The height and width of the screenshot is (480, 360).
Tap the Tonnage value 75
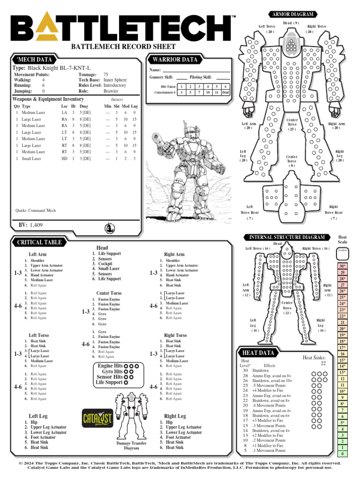[x=106, y=75]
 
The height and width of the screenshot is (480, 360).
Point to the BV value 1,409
[x=36, y=225]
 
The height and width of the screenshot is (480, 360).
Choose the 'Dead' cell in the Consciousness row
[x=225, y=92]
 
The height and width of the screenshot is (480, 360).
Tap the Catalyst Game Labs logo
[x=97, y=417]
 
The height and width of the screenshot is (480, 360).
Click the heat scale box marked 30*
[x=343, y=266]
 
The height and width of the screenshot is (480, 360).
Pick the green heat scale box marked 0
[x=343, y=454]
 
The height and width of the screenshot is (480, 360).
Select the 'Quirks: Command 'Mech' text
[x=36, y=210]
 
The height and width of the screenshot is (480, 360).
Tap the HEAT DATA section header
[x=259, y=352]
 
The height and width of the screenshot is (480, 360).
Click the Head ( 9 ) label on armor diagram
[x=291, y=23]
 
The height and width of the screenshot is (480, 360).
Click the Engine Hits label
[x=110, y=366]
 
